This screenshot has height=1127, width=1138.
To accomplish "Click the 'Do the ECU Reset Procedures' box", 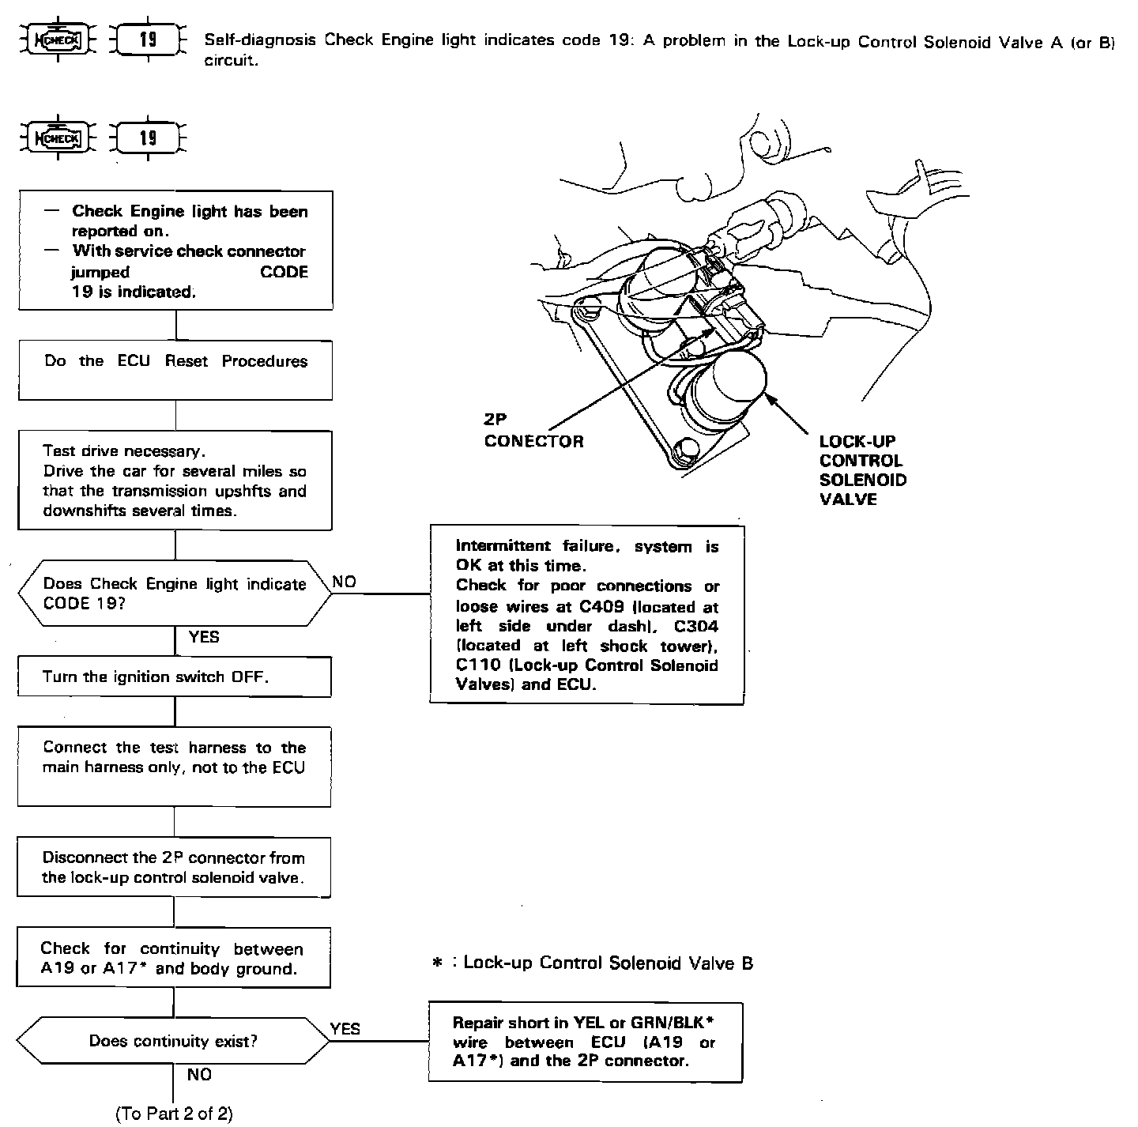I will pyautogui.click(x=175, y=370).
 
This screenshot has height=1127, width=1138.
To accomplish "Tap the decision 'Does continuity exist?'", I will pyautogui.click(x=173, y=1041).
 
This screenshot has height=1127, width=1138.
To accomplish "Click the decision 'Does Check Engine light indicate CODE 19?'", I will pyautogui.click(x=174, y=594).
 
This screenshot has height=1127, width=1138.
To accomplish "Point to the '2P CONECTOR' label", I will pyautogui.click(x=533, y=432).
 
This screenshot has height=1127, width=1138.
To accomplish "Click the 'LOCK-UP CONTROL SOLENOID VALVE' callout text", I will pyautogui.click(x=862, y=470).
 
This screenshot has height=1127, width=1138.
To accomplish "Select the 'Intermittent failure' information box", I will pyautogui.click(x=586, y=615).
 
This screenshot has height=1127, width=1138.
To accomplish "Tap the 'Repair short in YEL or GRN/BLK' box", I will pyautogui.click(x=585, y=1042).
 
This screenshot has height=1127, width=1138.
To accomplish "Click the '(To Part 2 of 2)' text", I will pyautogui.click(x=175, y=1114).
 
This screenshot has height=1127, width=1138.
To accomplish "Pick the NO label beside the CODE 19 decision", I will pyautogui.click(x=345, y=582).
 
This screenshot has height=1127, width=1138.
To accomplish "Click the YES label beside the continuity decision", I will pyautogui.click(x=345, y=1029).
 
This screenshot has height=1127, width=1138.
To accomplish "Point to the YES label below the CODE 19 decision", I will pyautogui.click(x=204, y=637).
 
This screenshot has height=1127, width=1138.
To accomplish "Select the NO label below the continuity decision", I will pyautogui.click(x=199, y=1075).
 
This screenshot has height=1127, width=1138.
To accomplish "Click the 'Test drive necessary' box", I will pyautogui.click(x=175, y=481).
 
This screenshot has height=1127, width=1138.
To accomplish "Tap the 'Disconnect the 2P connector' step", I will pyautogui.click(x=174, y=868).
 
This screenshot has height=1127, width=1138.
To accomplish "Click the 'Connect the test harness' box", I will pyautogui.click(x=174, y=767).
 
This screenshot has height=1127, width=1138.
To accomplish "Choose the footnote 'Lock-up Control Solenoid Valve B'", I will pyautogui.click(x=593, y=963).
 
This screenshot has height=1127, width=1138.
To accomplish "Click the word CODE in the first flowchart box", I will pyautogui.click(x=284, y=273).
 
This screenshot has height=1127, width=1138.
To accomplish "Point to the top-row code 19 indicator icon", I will pyautogui.click(x=148, y=40).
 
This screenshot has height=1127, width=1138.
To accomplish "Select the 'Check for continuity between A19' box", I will pyautogui.click(x=173, y=959).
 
